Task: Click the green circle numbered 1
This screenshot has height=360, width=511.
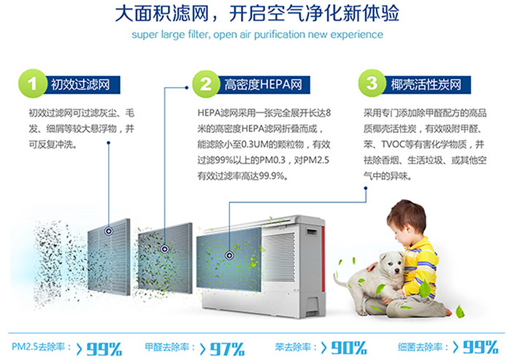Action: [32, 84]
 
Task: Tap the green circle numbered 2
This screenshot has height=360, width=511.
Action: [206, 84]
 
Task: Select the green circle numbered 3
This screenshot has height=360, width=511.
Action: [372, 83]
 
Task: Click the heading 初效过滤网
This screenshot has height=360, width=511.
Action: [80, 85]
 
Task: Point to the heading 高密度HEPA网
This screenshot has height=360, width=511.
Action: [263, 85]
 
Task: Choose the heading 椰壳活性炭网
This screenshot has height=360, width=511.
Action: [426, 85]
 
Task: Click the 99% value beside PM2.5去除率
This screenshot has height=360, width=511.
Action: [104, 349]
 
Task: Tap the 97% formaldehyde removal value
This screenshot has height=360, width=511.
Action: [227, 349]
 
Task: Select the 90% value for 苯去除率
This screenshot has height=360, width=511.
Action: [349, 348]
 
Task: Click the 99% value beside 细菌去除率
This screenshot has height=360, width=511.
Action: [480, 347]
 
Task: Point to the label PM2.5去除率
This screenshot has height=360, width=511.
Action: [42, 347]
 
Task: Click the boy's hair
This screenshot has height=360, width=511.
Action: [407, 213]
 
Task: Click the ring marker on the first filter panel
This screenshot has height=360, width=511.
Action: [109, 231]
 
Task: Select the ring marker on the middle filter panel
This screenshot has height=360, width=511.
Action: [164, 249]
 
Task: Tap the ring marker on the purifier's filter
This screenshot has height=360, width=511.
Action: [229, 255]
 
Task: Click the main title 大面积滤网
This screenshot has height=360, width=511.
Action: [162, 14]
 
